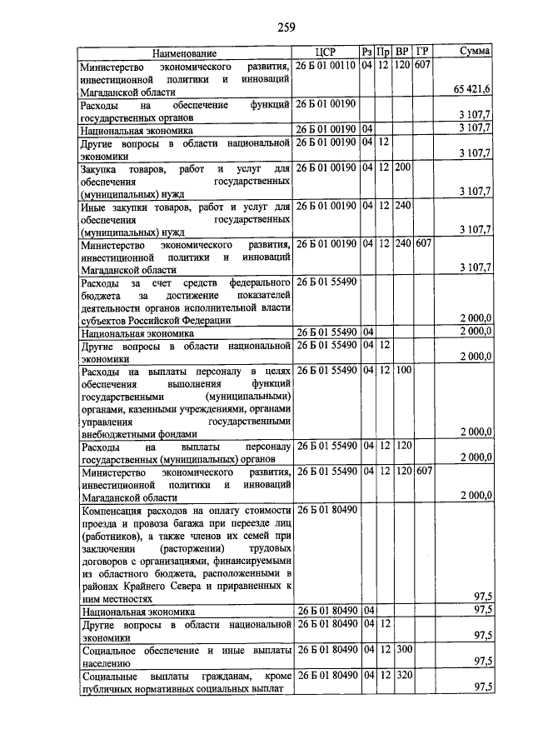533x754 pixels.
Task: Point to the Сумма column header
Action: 475,52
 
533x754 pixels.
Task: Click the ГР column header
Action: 422,52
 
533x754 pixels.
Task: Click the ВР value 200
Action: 403,168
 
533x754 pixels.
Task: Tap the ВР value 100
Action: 403,369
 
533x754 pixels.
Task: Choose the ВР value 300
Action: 403,648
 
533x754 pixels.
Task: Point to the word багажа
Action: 191,523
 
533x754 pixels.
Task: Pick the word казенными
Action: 171,408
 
